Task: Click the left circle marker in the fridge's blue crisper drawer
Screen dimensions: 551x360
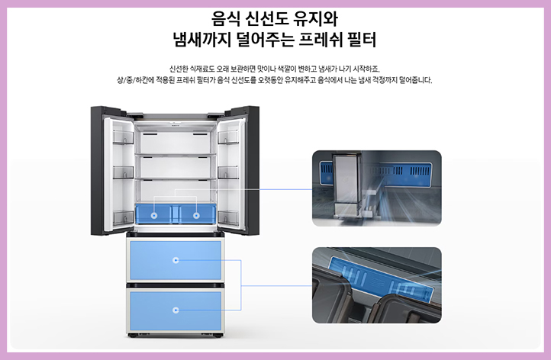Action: coord(154,216)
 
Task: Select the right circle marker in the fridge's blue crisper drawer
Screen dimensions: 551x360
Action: coord(196,216)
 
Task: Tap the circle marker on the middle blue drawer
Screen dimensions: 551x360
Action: coord(176,260)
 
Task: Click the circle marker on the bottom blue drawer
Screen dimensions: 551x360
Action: coord(176,310)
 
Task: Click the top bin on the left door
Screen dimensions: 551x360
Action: coord(122,137)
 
